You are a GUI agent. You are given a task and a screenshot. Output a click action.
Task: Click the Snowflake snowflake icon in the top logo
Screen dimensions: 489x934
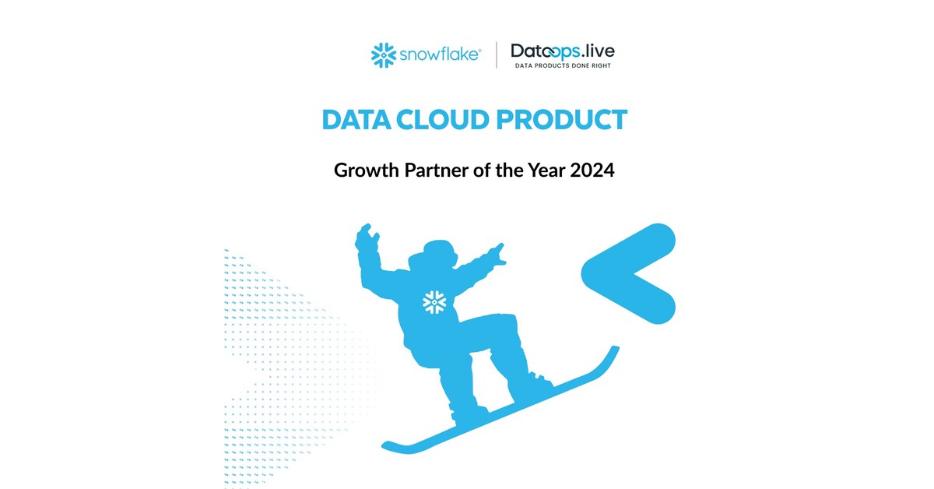click(x=384, y=55)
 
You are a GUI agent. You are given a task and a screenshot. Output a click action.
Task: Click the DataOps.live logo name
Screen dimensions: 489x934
click(x=562, y=51)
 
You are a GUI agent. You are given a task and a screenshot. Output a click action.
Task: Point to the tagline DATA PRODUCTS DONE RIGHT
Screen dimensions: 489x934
click(x=563, y=66)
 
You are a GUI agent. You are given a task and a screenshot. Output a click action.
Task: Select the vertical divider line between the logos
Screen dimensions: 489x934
click(x=497, y=55)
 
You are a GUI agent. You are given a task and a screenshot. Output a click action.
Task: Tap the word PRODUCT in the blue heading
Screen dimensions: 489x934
click(x=569, y=120)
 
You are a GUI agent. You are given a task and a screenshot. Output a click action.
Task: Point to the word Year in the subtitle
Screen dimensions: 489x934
click(x=541, y=171)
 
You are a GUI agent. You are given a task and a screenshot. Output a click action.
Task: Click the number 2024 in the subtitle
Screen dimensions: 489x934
click(x=592, y=171)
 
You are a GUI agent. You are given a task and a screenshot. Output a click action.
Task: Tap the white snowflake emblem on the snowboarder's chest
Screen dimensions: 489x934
click(x=434, y=302)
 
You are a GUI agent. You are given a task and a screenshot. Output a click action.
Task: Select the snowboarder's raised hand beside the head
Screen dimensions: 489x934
click(x=366, y=237)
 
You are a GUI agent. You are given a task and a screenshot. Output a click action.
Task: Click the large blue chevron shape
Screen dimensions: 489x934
click(x=630, y=273)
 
